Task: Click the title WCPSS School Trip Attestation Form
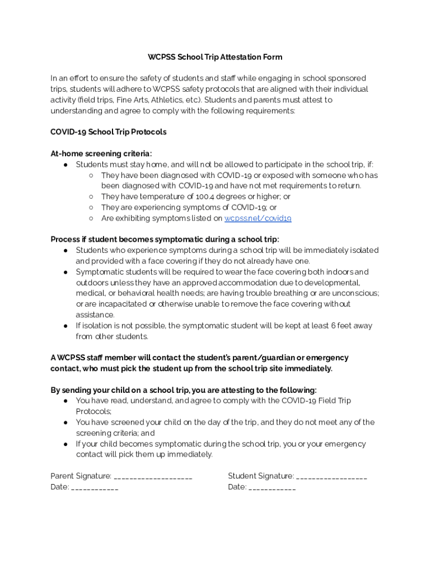(x=215, y=57)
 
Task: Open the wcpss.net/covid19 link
(x=257, y=218)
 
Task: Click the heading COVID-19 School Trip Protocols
(x=108, y=132)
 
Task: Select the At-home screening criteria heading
(x=101, y=153)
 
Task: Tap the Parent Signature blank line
(x=153, y=477)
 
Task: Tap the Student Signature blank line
(x=331, y=477)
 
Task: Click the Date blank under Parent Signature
(x=95, y=488)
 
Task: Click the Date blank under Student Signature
(x=272, y=488)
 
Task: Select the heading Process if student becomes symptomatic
(x=165, y=239)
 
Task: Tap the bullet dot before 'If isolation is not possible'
(x=65, y=326)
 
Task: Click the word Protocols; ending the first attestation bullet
(x=93, y=411)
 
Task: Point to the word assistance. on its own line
(x=95, y=315)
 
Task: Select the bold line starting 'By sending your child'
(x=183, y=390)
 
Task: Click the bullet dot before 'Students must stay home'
(x=65, y=165)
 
